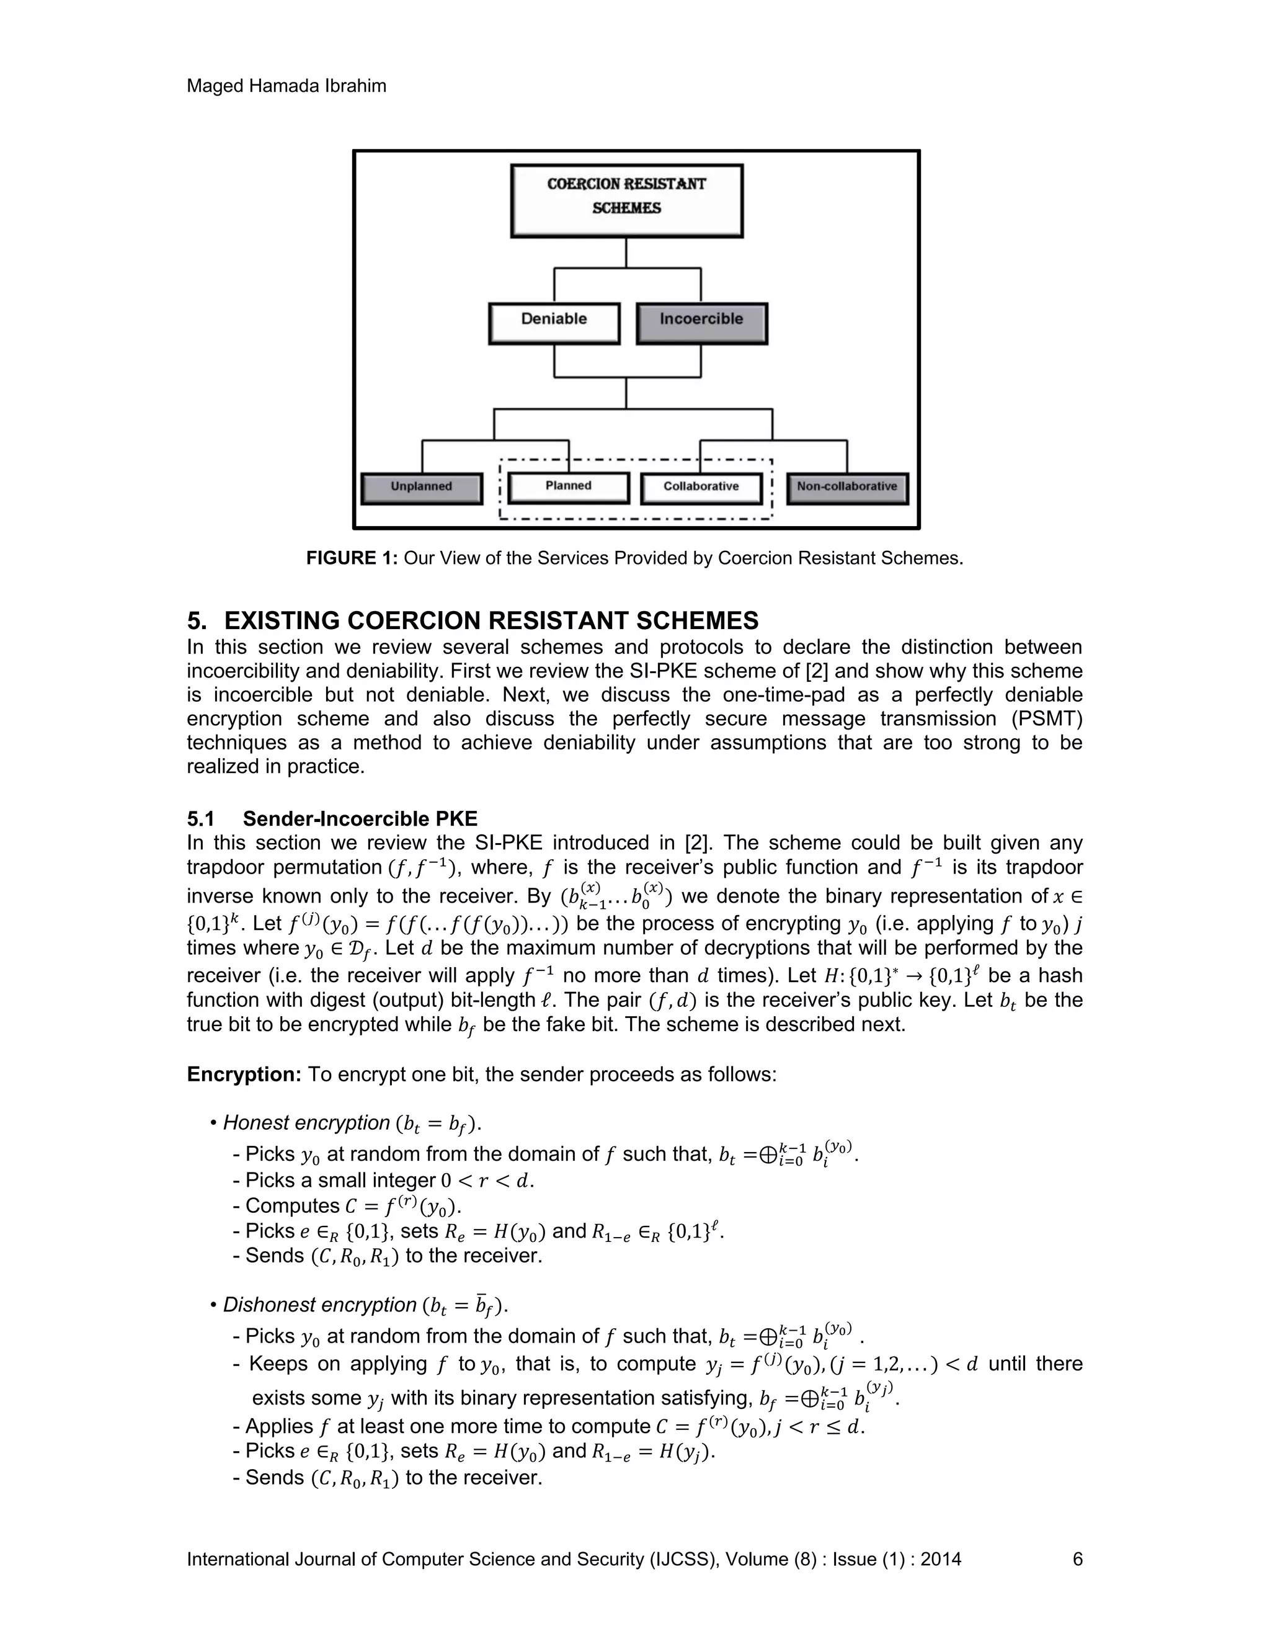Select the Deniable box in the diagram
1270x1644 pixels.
tap(554, 323)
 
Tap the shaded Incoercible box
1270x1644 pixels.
tap(701, 323)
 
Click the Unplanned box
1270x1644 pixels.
tap(421, 488)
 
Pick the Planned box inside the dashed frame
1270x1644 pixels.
tap(568, 488)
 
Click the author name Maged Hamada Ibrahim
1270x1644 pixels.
tap(286, 86)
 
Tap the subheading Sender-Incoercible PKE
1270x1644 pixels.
tap(360, 818)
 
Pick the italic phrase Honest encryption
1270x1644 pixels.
tap(306, 1122)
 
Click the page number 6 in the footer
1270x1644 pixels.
tap(1077, 1559)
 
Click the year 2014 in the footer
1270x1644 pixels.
tap(941, 1559)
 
